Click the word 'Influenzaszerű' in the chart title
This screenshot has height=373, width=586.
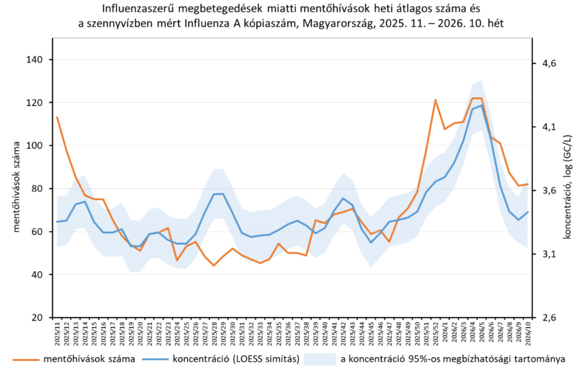pyautogui.click(x=132, y=8)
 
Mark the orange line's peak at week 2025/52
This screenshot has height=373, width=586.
pyautogui.click(x=435, y=100)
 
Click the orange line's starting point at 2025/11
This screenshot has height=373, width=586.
pyautogui.click(x=57, y=117)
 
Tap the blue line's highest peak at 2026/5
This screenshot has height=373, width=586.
pyautogui.click(x=482, y=106)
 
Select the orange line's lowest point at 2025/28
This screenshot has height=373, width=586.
pyautogui.click(x=214, y=265)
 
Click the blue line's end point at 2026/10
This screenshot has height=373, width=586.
pyautogui.click(x=527, y=212)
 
